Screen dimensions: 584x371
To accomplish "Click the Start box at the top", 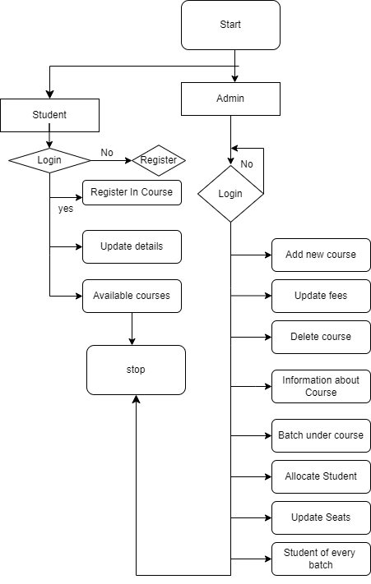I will click(230, 25).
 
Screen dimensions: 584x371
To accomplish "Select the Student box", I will click(49, 115).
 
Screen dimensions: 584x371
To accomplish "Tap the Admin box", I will click(230, 99).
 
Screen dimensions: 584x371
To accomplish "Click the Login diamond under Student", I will click(49, 159).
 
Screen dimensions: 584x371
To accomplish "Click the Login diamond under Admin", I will click(230, 194).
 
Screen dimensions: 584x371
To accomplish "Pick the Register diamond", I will click(159, 159).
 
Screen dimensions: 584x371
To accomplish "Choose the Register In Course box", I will click(132, 192).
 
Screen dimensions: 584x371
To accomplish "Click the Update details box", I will click(132, 246).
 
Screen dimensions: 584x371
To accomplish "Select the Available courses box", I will click(132, 296).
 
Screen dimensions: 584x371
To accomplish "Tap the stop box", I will click(136, 370).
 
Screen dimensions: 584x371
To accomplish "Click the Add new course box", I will click(321, 255).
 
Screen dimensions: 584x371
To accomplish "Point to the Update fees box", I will click(321, 296).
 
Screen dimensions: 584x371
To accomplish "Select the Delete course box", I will click(321, 337).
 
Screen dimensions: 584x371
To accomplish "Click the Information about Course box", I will click(321, 386).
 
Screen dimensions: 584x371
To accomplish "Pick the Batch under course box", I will click(321, 435).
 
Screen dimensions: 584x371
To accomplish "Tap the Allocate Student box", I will click(321, 476).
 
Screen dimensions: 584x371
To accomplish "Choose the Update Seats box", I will click(321, 517).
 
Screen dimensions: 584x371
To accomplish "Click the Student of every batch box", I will click(321, 559).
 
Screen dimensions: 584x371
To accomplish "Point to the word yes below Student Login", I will click(66, 209).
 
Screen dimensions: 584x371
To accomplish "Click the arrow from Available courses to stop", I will click(132, 329).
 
